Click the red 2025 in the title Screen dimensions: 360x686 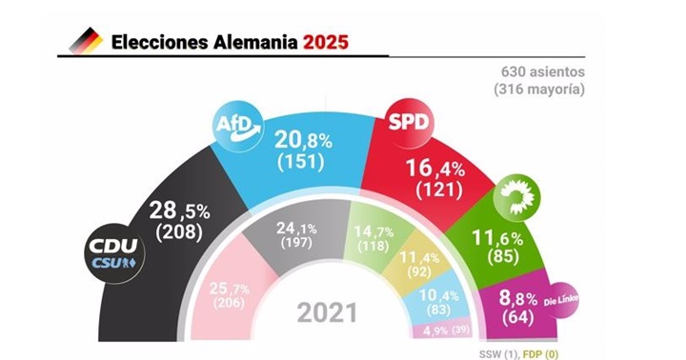click(x=326, y=42)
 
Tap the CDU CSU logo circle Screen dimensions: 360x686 click(x=115, y=253)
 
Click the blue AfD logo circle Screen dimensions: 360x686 click(x=235, y=125)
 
